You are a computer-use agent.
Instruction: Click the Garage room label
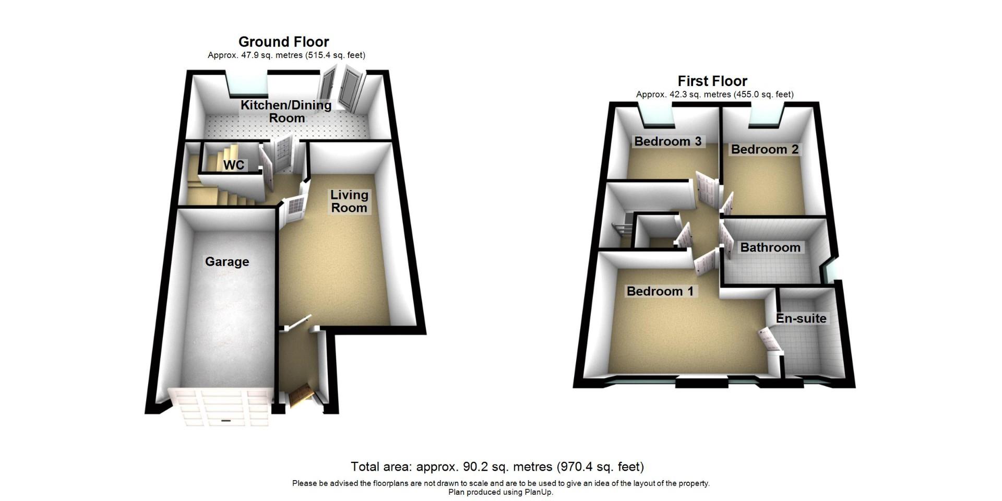click(x=226, y=261)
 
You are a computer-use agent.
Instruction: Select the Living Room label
click(x=349, y=201)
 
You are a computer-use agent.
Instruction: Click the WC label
click(x=233, y=165)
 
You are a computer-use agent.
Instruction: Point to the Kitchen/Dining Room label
click(x=286, y=111)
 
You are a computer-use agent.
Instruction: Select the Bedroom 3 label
click(x=667, y=141)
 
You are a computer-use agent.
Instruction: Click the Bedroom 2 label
click(x=765, y=149)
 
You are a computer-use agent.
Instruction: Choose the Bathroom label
click(x=770, y=247)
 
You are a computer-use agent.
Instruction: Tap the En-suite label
click(x=801, y=318)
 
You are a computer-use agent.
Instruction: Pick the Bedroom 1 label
click(x=660, y=291)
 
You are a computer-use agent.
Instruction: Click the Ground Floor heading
click(x=283, y=42)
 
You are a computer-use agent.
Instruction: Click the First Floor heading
click(x=712, y=81)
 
